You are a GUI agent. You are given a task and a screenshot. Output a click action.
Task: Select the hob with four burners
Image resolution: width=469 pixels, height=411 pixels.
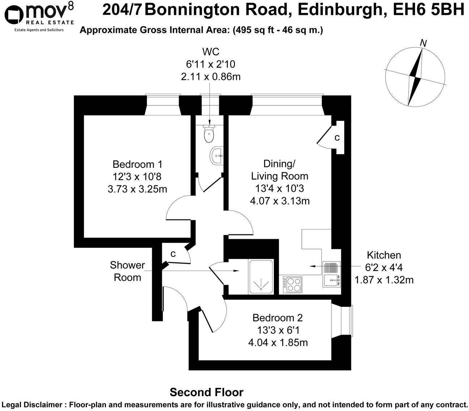[x=293, y=284]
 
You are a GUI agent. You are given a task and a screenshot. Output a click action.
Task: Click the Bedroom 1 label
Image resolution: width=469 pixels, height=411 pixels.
[x=137, y=164]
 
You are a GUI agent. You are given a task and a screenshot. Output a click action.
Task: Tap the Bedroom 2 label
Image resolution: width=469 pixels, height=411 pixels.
[x=278, y=318]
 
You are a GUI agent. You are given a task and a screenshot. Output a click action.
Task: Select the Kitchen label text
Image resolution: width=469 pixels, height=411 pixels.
[x=384, y=255]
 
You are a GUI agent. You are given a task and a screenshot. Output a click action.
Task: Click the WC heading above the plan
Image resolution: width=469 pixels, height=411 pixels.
[x=210, y=52]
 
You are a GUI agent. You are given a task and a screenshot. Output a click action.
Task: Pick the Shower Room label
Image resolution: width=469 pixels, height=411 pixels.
[x=127, y=271]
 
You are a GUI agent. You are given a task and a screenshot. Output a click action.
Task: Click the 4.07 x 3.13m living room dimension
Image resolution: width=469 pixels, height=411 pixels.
[x=280, y=201]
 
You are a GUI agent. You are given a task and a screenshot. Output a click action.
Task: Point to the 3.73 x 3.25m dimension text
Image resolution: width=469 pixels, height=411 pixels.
[x=137, y=189]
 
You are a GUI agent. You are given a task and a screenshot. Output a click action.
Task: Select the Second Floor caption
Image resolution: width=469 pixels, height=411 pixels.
[x=207, y=392]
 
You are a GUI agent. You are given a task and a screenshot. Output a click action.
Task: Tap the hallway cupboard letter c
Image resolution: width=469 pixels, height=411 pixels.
[x=173, y=254]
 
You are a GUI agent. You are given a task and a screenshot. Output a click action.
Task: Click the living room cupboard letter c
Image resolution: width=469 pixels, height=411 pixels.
[x=337, y=137]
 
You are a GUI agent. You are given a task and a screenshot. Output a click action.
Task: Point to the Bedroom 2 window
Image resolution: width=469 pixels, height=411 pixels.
[x=350, y=321]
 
